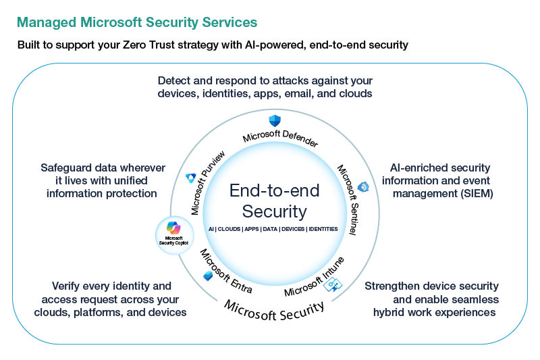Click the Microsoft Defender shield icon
tap(275, 122)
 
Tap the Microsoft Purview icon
tap(191, 178)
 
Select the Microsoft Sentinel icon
tap(363, 186)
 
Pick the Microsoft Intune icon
tap(331, 284)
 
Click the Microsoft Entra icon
tap(208, 276)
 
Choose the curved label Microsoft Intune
tap(315, 277)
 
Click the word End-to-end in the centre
tap(274, 190)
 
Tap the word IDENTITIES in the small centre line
tap(323, 230)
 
